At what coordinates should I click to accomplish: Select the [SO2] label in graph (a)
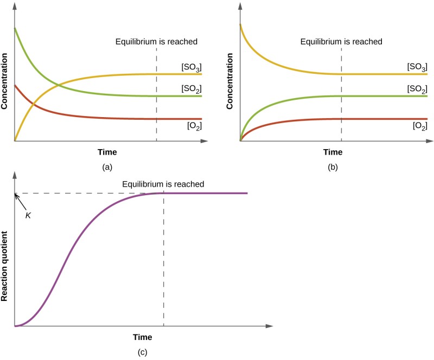tap(192, 88)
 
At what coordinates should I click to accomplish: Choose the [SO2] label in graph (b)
tap(417, 88)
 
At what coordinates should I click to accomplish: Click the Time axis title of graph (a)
tap(107, 152)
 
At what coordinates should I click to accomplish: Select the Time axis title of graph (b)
tap(333, 152)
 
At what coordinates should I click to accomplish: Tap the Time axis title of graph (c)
tap(143, 337)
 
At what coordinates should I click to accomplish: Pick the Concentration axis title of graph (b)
tap(231, 81)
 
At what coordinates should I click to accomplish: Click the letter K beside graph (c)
tap(28, 215)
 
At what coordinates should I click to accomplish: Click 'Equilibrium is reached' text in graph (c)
tap(163, 184)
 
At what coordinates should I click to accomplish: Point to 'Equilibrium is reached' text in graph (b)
tap(341, 41)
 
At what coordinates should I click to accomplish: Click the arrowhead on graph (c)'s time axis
tap(269, 326)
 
